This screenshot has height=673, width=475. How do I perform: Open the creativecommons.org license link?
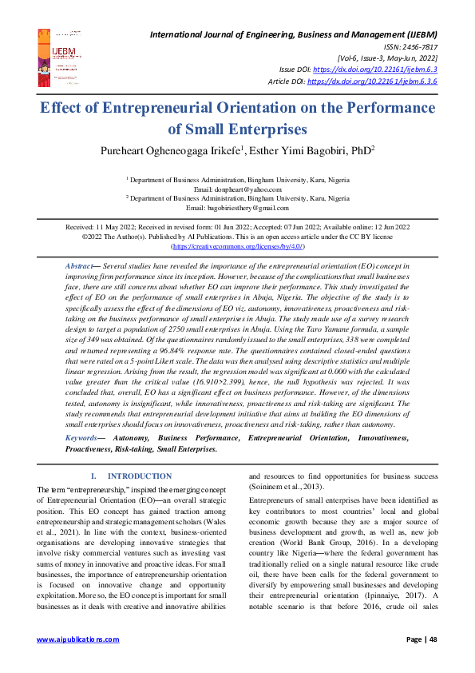pyautogui.click(x=237, y=247)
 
